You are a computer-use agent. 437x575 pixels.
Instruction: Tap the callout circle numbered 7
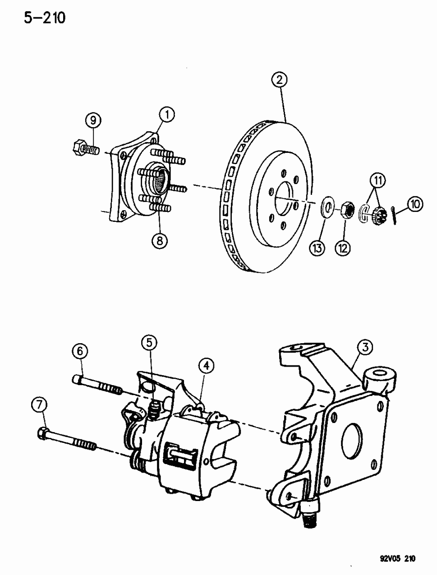[x=39, y=405]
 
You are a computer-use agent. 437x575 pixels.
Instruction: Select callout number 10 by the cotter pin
[x=414, y=204]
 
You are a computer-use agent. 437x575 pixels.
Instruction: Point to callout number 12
[x=344, y=248]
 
